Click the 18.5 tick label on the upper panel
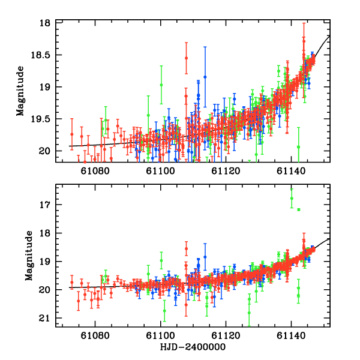[43, 55]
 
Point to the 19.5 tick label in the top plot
[43, 119]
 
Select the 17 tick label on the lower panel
[46, 205]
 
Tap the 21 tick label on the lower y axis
[46, 318]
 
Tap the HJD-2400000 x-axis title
[193, 347]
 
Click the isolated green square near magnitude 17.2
[298, 209]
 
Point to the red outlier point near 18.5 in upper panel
[187, 58]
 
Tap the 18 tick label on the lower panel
[46, 233]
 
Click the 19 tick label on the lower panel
[46, 262]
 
